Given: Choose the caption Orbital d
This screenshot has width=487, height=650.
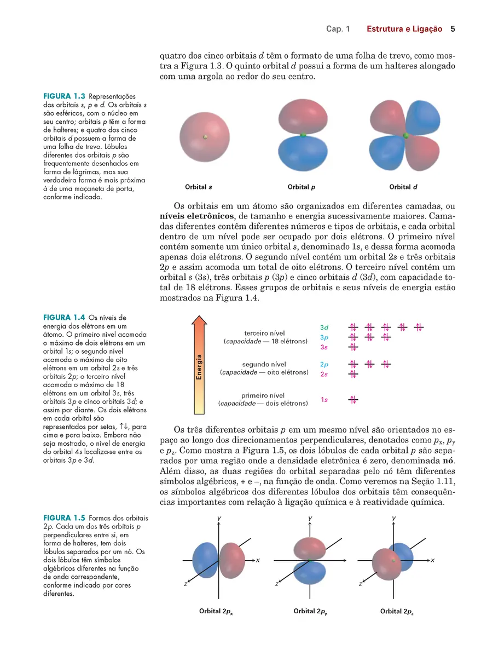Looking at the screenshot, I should tap(403, 187).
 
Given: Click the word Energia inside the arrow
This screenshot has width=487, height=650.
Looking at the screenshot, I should tap(200, 367).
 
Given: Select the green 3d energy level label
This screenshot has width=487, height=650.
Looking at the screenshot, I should tap(324, 327).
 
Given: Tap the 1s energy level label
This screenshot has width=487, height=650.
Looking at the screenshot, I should tap(324, 400).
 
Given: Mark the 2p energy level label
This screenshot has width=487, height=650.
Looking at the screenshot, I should tap(324, 364).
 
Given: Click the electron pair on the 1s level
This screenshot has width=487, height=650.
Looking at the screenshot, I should tap(353, 400).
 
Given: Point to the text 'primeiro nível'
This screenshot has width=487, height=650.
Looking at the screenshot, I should tap(263, 395).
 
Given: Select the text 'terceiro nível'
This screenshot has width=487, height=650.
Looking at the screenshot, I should tap(264, 332).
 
